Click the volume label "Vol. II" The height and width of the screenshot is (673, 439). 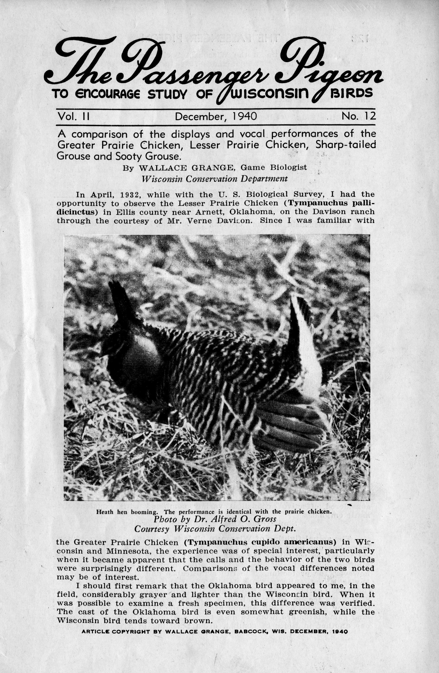(73, 116)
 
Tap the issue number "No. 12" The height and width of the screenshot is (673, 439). (358, 116)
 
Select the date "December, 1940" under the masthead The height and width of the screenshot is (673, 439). (216, 116)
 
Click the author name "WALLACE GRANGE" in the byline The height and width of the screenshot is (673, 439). (187, 168)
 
